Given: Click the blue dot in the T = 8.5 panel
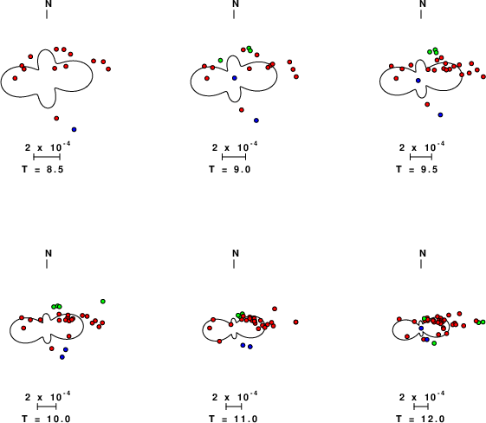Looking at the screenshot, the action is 74,129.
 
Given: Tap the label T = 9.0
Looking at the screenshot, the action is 230,169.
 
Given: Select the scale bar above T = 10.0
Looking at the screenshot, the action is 47,407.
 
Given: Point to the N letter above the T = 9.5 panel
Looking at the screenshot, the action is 423,3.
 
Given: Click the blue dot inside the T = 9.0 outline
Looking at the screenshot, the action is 234,78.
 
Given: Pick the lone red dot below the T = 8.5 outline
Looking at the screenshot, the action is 56,118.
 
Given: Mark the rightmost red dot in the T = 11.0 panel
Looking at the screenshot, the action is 295,322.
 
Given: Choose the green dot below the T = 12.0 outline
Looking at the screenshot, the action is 434,343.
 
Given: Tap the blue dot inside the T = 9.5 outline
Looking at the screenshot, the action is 418,81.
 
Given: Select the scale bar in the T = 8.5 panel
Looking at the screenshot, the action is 47,157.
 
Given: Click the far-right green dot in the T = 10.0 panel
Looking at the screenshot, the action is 103,301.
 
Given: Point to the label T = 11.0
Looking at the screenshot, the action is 233,419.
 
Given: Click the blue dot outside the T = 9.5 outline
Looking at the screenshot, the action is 440,114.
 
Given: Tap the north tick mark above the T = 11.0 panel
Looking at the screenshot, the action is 234,264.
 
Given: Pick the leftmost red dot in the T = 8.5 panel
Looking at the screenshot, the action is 15,78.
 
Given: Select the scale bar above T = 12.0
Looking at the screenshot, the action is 421,407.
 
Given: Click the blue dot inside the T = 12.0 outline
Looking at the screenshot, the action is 421,329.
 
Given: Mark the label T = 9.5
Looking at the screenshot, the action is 417,169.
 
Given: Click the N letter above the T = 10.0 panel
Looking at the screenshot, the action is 49,253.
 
